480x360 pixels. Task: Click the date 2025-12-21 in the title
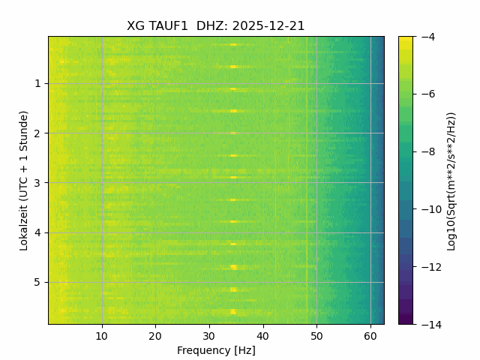268,26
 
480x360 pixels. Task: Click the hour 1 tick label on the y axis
37,84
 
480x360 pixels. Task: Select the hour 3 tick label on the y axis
37,183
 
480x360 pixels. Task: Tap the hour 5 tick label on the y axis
37,283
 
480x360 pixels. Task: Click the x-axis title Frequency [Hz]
216,350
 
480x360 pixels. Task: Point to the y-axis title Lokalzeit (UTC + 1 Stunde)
24,180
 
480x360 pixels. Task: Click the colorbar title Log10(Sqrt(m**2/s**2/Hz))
451,180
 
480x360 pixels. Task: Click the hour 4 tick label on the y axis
37,233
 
